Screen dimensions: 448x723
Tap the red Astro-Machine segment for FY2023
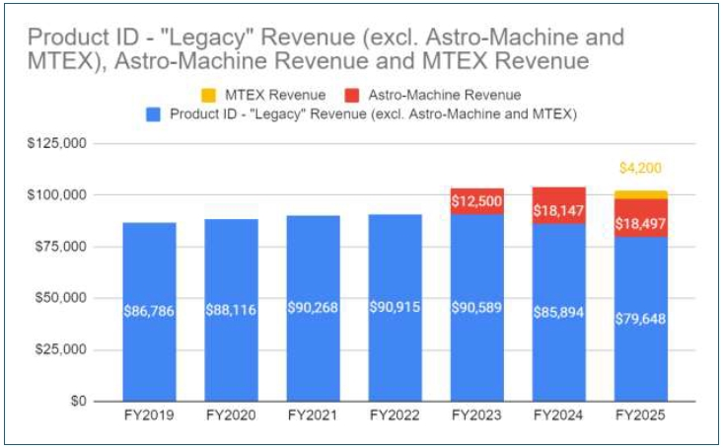click(x=476, y=200)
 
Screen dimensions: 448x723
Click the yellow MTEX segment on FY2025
click(x=640, y=194)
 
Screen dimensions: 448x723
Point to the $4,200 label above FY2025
click(x=640, y=170)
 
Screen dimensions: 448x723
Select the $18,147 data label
click(x=558, y=211)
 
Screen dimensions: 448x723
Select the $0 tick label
click(x=76, y=402)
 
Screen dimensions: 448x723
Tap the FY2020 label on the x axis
click(x=232, y=417)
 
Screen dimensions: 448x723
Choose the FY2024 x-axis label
click(x=558, y=417)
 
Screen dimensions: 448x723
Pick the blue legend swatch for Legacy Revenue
click(x=153, y=113)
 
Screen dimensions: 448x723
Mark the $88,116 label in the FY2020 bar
click(x=232, y=310)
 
